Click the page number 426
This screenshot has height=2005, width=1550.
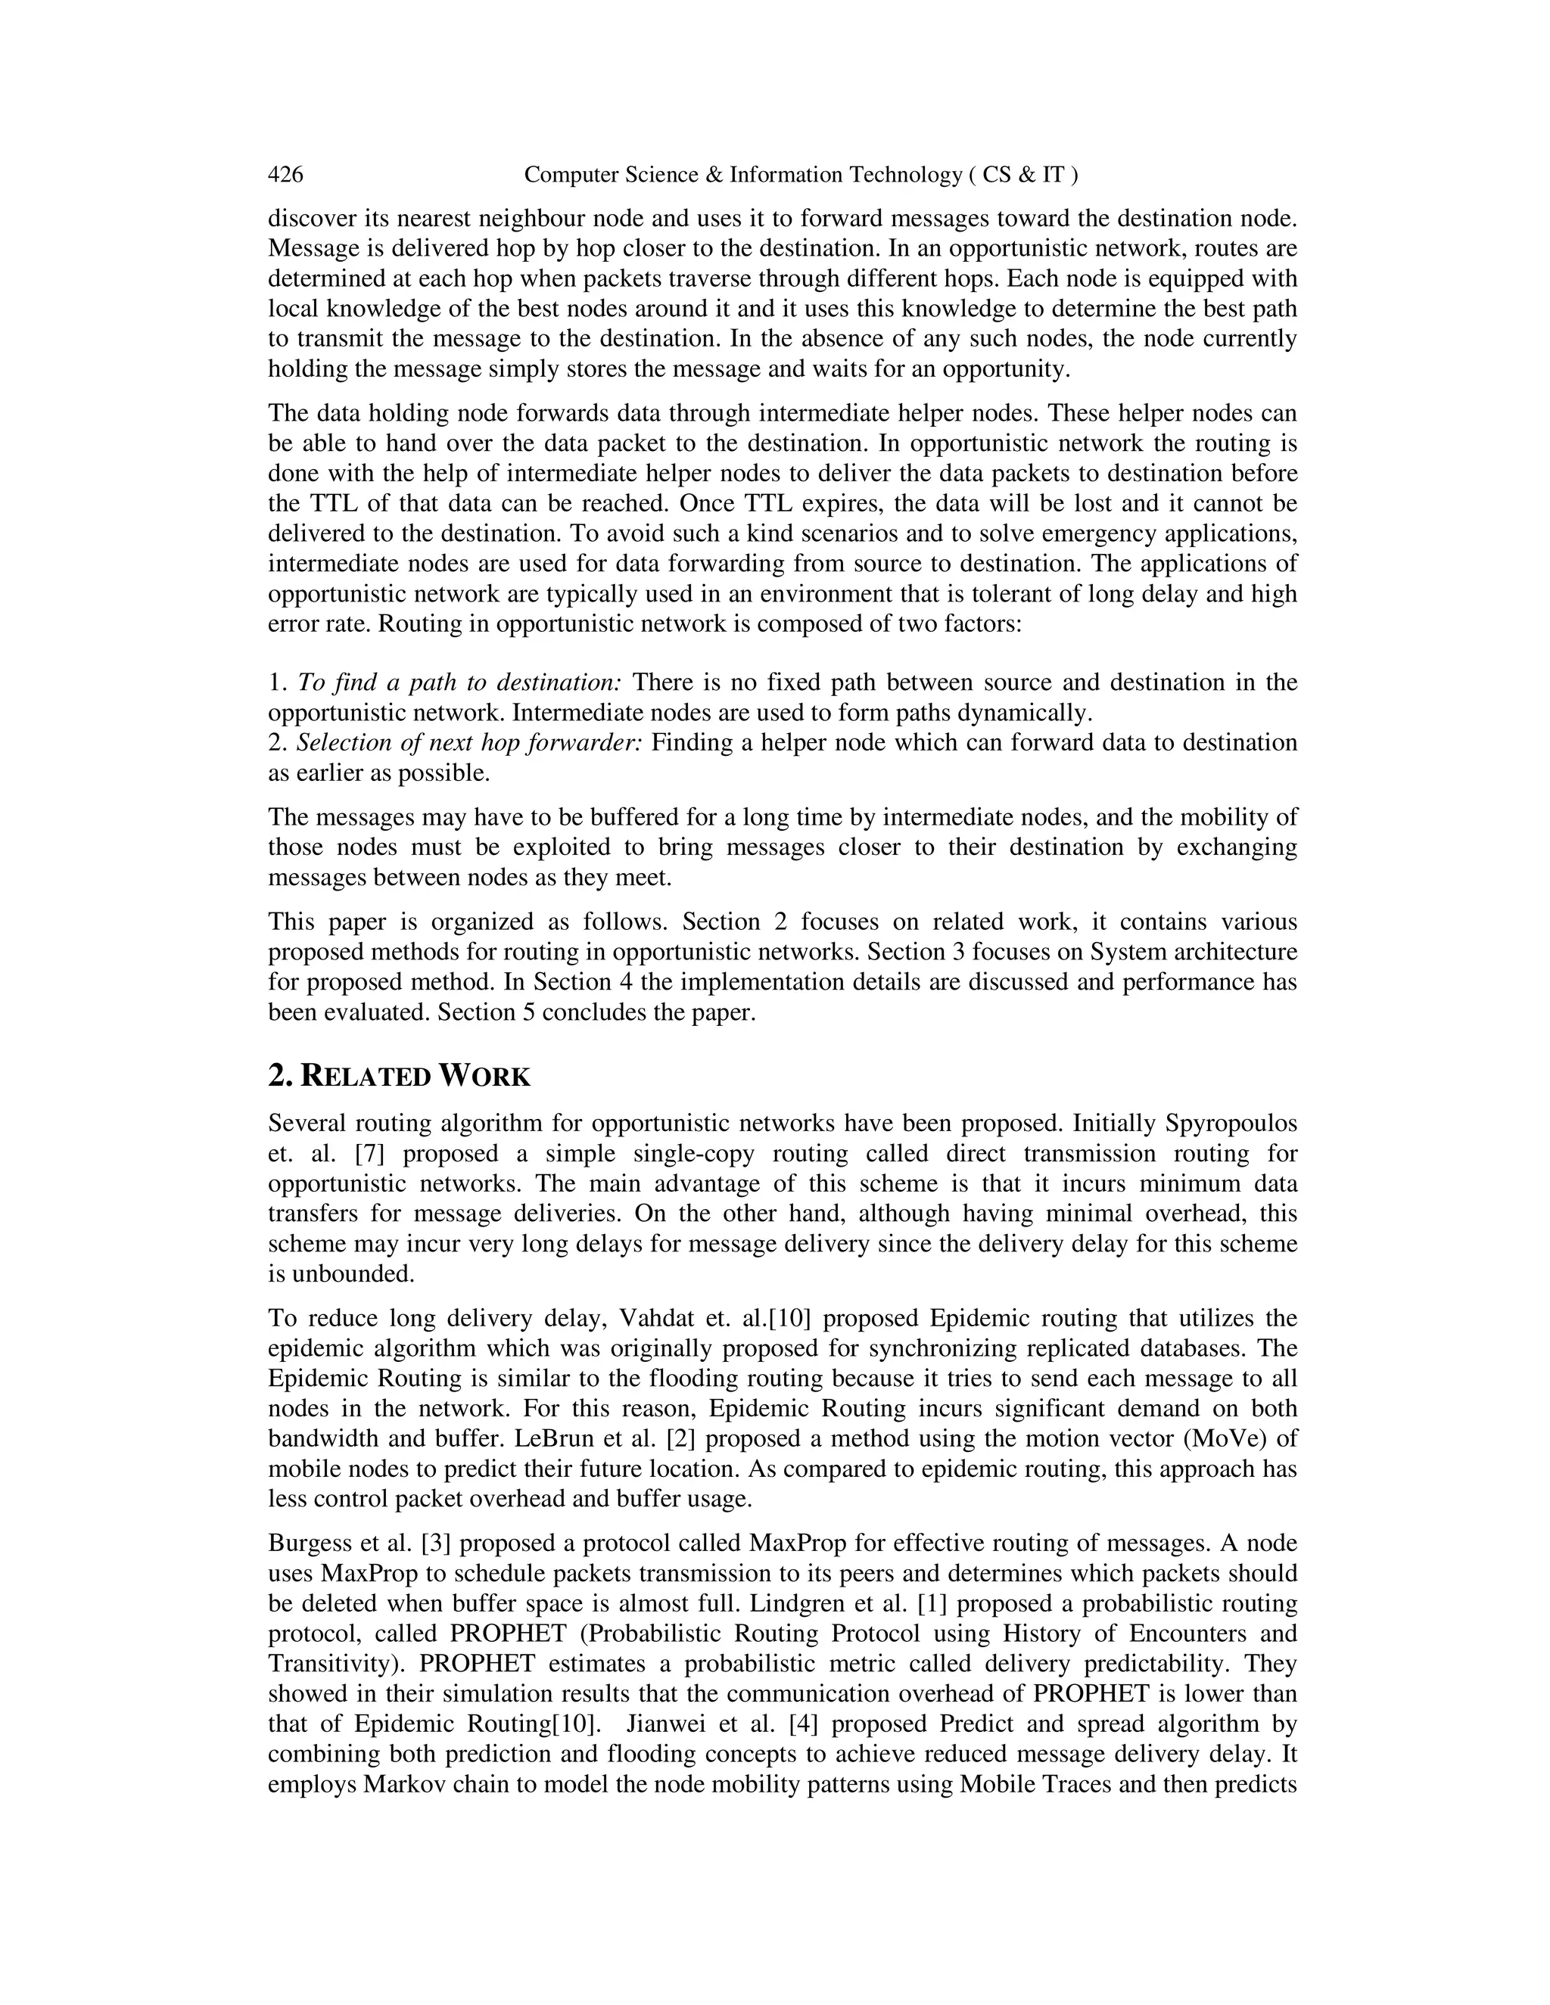285,175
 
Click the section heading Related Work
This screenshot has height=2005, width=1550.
400,1076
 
